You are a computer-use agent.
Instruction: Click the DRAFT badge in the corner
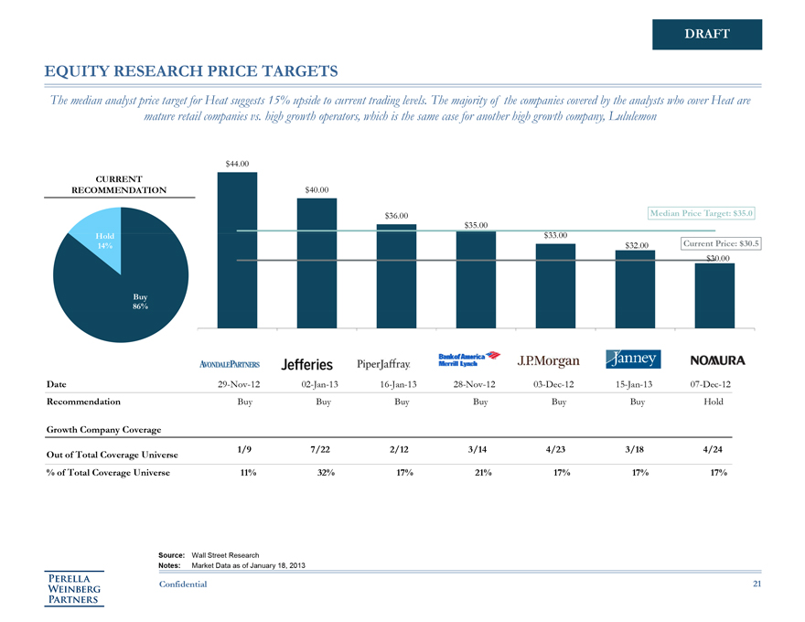[x=707, y=34]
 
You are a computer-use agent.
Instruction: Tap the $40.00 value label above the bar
[x=317, y=189]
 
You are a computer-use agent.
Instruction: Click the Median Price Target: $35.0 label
[x=702, y=213]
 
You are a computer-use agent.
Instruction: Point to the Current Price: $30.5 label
[x=721, y=243]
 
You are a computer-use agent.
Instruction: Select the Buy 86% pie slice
[x=128, y=293]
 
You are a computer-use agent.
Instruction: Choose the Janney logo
[x=632, y=359]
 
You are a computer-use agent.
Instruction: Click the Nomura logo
[x=717, y=360]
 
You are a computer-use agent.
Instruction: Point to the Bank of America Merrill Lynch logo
[x=470, y=359]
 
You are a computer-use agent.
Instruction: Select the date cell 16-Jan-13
[x=396, y=384]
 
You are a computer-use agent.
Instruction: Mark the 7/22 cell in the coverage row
[x=317, y=448]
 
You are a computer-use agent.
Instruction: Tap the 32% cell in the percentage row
[x=317, y=472]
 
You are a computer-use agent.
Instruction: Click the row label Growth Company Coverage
[x=103, y=428]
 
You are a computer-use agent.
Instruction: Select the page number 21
[x=756, y=584]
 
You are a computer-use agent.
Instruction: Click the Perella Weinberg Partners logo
[x=76, y=588]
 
